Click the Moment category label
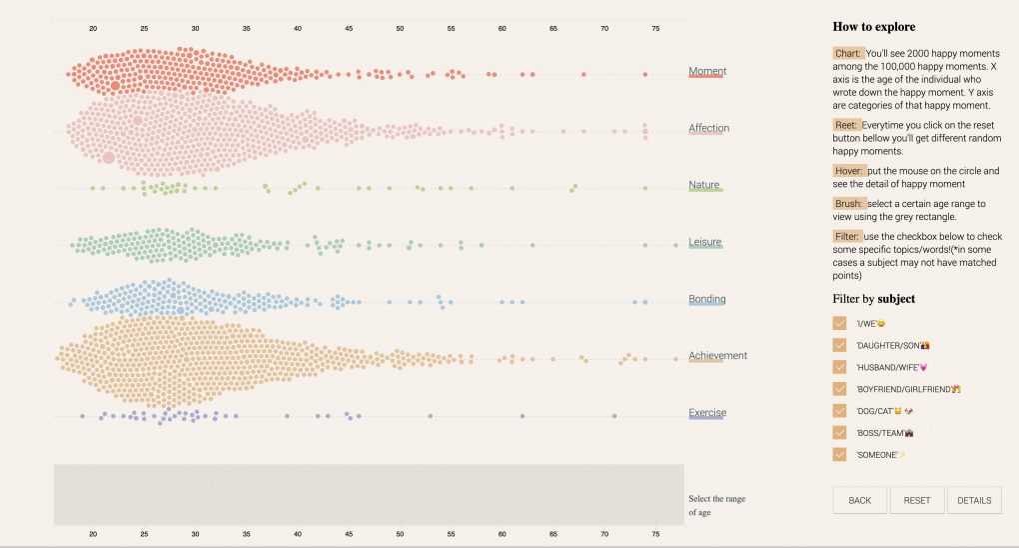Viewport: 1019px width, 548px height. pos(707,71)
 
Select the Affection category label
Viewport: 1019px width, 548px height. pos(709,128)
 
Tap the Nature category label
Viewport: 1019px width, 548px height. pos(704,185)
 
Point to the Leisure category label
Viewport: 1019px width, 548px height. pos(705,242)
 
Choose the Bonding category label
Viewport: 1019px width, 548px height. pos(707,299)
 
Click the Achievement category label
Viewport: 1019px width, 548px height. pos(717,356)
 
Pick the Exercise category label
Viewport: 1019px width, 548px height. pos(707,413)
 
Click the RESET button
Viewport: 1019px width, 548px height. pos(917,500)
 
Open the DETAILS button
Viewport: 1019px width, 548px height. pos(974,500)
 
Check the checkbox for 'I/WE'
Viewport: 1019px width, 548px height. pos(839,323)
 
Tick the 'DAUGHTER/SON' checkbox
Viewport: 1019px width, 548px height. pos(839,345)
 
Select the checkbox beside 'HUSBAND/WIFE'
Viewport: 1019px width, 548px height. pos(839,367)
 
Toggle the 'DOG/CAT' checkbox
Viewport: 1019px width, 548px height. pos(839,411)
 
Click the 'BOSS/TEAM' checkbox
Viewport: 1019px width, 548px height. pos(839,433)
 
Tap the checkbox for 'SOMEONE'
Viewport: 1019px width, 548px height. pos(839,455)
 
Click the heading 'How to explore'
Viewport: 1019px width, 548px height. pos(874,27)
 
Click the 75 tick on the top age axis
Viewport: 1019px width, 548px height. pos(655,28)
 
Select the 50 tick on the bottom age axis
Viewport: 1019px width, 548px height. pos(400,534)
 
